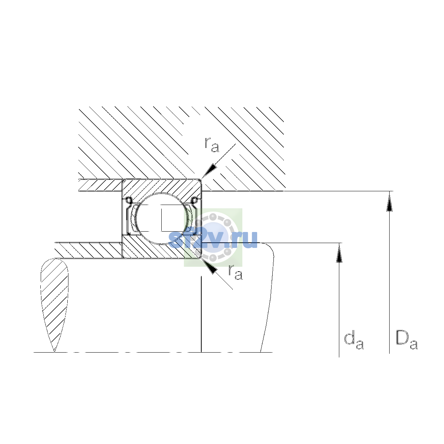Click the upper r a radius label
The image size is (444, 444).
212,145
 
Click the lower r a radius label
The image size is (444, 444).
235,272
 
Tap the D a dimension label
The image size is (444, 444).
406,340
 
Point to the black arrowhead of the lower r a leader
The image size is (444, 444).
210,266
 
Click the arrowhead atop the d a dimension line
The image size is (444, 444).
339,253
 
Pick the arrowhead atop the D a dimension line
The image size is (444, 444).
389,201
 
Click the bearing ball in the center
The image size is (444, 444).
162,218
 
